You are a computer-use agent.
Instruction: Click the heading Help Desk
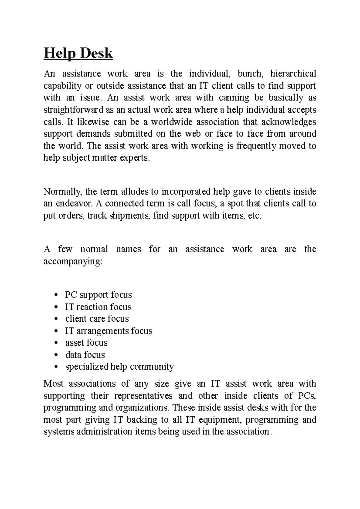tap(78, 54)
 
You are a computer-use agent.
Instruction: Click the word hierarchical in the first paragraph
tap(293, 73)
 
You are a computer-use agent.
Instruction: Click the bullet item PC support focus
tap(98, 295)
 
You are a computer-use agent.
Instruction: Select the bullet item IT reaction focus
tap(98, 307)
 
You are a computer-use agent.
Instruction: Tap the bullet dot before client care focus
tap(56, 319)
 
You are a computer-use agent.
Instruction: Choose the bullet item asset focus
tap(86, 343)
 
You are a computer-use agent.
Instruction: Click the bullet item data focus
tap(85, 355)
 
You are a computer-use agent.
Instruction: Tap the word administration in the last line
tap(105, 432)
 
